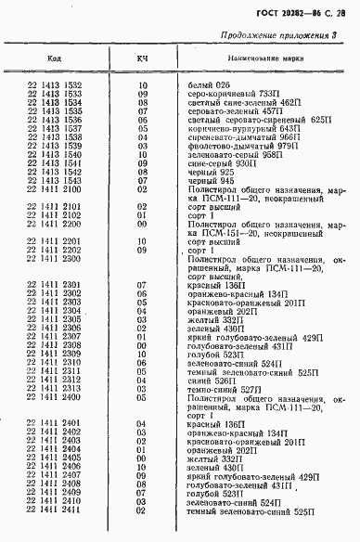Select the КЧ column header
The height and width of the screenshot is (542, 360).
coord(143,59)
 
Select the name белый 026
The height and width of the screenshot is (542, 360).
coord(207,85)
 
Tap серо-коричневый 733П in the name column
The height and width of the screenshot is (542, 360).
coord(225,94)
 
